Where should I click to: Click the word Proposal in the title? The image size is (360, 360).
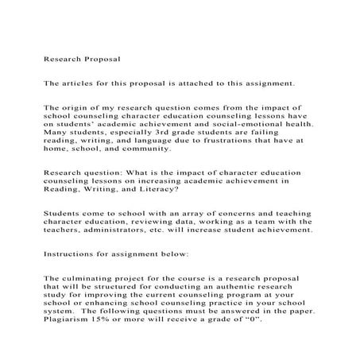tap(103, 59)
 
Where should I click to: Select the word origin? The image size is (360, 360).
tap(79, 106)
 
